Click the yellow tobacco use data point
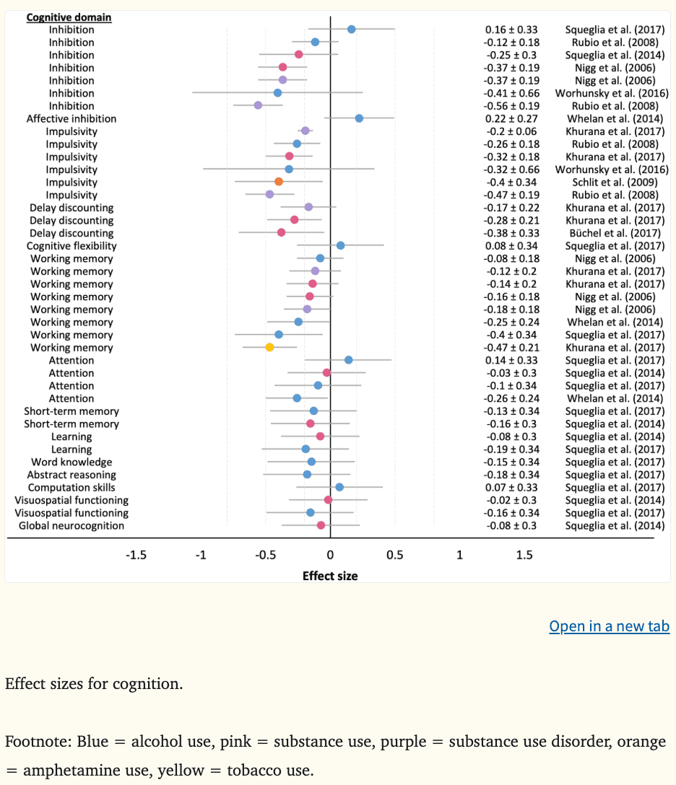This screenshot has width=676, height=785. (x=269, y=347)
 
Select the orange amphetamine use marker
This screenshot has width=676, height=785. (x=279, y=182)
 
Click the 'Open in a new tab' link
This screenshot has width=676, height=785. (x=609, y=626)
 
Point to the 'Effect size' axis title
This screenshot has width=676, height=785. (x=330, y=576)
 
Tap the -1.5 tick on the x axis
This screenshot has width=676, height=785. (x=136, y=556)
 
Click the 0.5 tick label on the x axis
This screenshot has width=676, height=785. (x=394, y=556)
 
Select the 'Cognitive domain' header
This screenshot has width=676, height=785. (x=69, y=17)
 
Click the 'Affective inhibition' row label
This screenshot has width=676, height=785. (x=71, y=118)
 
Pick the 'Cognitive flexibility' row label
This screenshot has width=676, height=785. (x=71, y=246)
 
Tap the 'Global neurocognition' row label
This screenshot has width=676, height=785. (x=71, y=525)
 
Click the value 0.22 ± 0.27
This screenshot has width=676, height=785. (x=511, y=118)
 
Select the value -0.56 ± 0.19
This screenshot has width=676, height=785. (x=511, y=106)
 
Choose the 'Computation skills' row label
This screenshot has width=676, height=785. (x=71, y=487)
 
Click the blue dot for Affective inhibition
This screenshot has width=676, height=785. (x=359, y=118)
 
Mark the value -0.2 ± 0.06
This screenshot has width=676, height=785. (x=511, y=131)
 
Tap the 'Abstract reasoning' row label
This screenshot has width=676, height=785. (x=71, y=475)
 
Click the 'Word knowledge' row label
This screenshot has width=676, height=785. (x=71, y=462)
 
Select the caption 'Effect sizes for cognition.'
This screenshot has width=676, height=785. (x=94, y=683)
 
